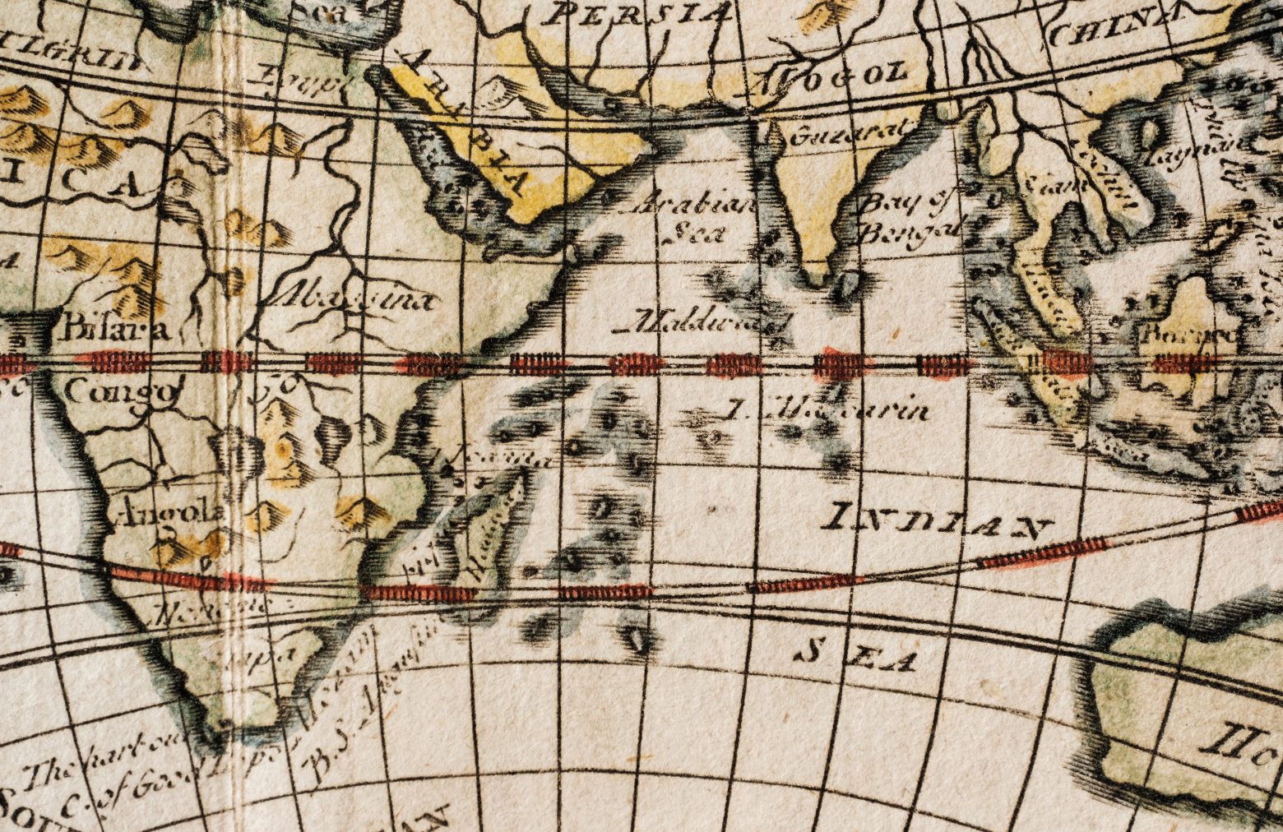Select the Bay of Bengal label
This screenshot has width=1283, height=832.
point(908,215)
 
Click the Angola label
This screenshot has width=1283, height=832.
point(168,514)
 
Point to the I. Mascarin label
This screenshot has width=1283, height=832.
point(831,409)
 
